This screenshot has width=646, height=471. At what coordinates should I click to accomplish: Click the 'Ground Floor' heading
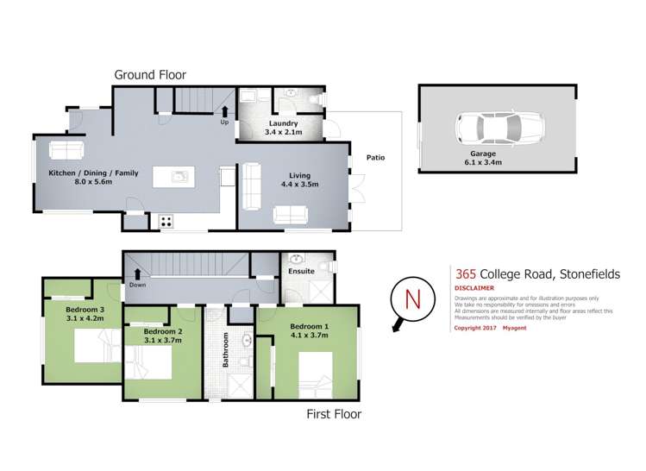150,74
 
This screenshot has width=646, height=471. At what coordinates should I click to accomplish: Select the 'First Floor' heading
334,414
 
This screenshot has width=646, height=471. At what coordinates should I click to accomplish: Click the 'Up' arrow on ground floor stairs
225,111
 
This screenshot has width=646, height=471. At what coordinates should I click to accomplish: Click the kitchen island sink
179,178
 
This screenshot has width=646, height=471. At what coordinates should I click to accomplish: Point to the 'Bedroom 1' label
309,327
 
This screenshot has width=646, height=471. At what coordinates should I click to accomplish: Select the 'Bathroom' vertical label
226,350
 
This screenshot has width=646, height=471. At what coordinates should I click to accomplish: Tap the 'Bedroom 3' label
85,310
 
